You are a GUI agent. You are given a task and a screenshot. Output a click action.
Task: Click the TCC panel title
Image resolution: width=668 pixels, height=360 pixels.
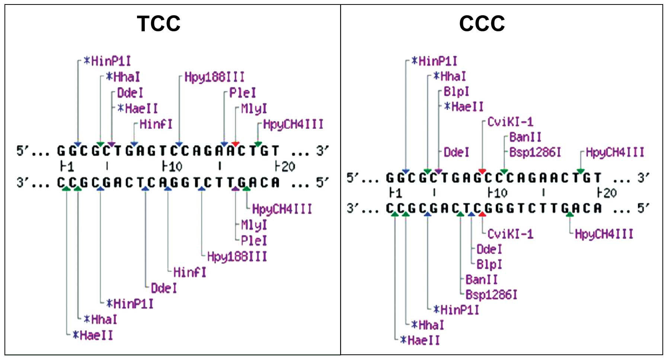(159, 24)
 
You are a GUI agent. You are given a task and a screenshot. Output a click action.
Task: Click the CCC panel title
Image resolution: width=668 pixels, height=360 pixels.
(482, 24)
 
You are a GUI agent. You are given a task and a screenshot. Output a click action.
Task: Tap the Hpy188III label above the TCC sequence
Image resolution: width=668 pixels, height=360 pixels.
(214, 77)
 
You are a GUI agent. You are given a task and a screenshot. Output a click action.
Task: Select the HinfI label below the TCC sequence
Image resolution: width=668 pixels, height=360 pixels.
(189, 272)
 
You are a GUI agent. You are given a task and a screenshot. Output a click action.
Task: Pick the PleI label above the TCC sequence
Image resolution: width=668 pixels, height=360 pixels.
(242, 93)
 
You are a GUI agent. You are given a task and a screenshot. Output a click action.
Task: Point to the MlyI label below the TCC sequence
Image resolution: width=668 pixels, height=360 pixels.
(254, 225)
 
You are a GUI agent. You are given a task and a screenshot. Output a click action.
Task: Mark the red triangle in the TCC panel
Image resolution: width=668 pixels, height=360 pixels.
(235, 144)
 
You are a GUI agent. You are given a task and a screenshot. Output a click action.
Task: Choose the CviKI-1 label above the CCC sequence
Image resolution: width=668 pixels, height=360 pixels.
(510, 122)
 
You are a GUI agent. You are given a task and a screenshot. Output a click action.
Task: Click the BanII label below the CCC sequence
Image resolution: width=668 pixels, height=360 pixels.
(481, 279)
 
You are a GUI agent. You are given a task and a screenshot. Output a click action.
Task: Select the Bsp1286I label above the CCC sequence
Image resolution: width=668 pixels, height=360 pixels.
(535, 152)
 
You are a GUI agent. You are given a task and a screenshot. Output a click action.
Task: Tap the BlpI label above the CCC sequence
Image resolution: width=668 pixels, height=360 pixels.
(456, 92)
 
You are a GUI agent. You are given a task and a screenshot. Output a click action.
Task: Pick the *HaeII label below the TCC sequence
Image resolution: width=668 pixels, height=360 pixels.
(93, 335)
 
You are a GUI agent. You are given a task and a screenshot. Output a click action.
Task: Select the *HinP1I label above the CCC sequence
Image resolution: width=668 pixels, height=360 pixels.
(434, 61)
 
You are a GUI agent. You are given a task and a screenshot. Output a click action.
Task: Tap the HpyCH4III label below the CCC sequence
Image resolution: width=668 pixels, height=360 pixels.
(604, 234)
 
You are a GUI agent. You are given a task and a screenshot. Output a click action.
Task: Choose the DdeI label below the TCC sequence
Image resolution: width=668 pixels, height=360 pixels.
(164, 288)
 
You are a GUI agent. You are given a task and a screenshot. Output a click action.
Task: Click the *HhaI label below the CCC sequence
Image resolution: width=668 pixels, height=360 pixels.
(428, 325)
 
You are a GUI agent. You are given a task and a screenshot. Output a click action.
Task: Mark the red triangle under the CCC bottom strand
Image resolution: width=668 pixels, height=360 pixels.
(482, 214)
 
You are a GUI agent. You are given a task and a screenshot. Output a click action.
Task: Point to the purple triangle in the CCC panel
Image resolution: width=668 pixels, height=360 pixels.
(438, 171)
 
